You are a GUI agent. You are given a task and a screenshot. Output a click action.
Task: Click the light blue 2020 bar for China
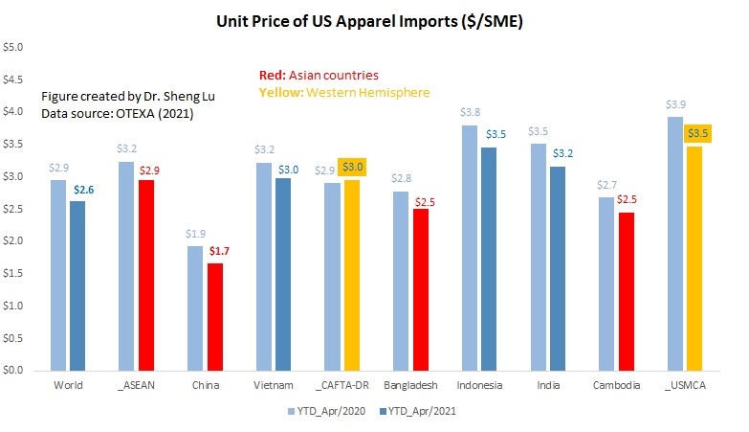pyautogui.click(x=195, y=307)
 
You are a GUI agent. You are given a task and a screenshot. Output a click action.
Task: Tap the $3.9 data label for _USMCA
pyautogui.click(x=675, y=103)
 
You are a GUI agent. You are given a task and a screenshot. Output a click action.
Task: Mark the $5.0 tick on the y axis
pyautogui.click(x=16, y=47)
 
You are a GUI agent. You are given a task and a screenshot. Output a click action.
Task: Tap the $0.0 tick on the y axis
pyautogui.click(x=16, y=370)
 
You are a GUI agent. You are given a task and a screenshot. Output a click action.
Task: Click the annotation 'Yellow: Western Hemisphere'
pyautogui.click(x=344, y=92)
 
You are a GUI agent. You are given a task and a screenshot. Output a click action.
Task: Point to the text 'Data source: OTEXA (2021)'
pyautogui.click(x=106, y=114)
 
